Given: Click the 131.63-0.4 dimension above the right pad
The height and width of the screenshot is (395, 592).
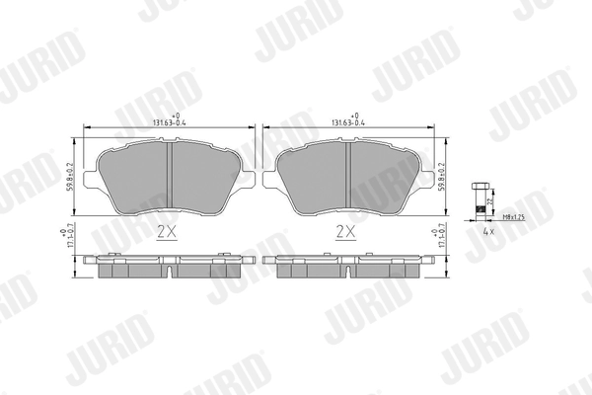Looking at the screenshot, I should (x=347, y=122).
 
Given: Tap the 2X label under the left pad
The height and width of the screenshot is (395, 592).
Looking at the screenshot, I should (x=166, y=232).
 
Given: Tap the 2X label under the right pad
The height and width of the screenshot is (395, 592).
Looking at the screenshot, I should (x=344, y=232).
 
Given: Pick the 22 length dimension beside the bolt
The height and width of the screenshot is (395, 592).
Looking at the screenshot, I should (x=491, y=200).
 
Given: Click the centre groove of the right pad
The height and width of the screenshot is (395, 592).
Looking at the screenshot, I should (x=349, y=178).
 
